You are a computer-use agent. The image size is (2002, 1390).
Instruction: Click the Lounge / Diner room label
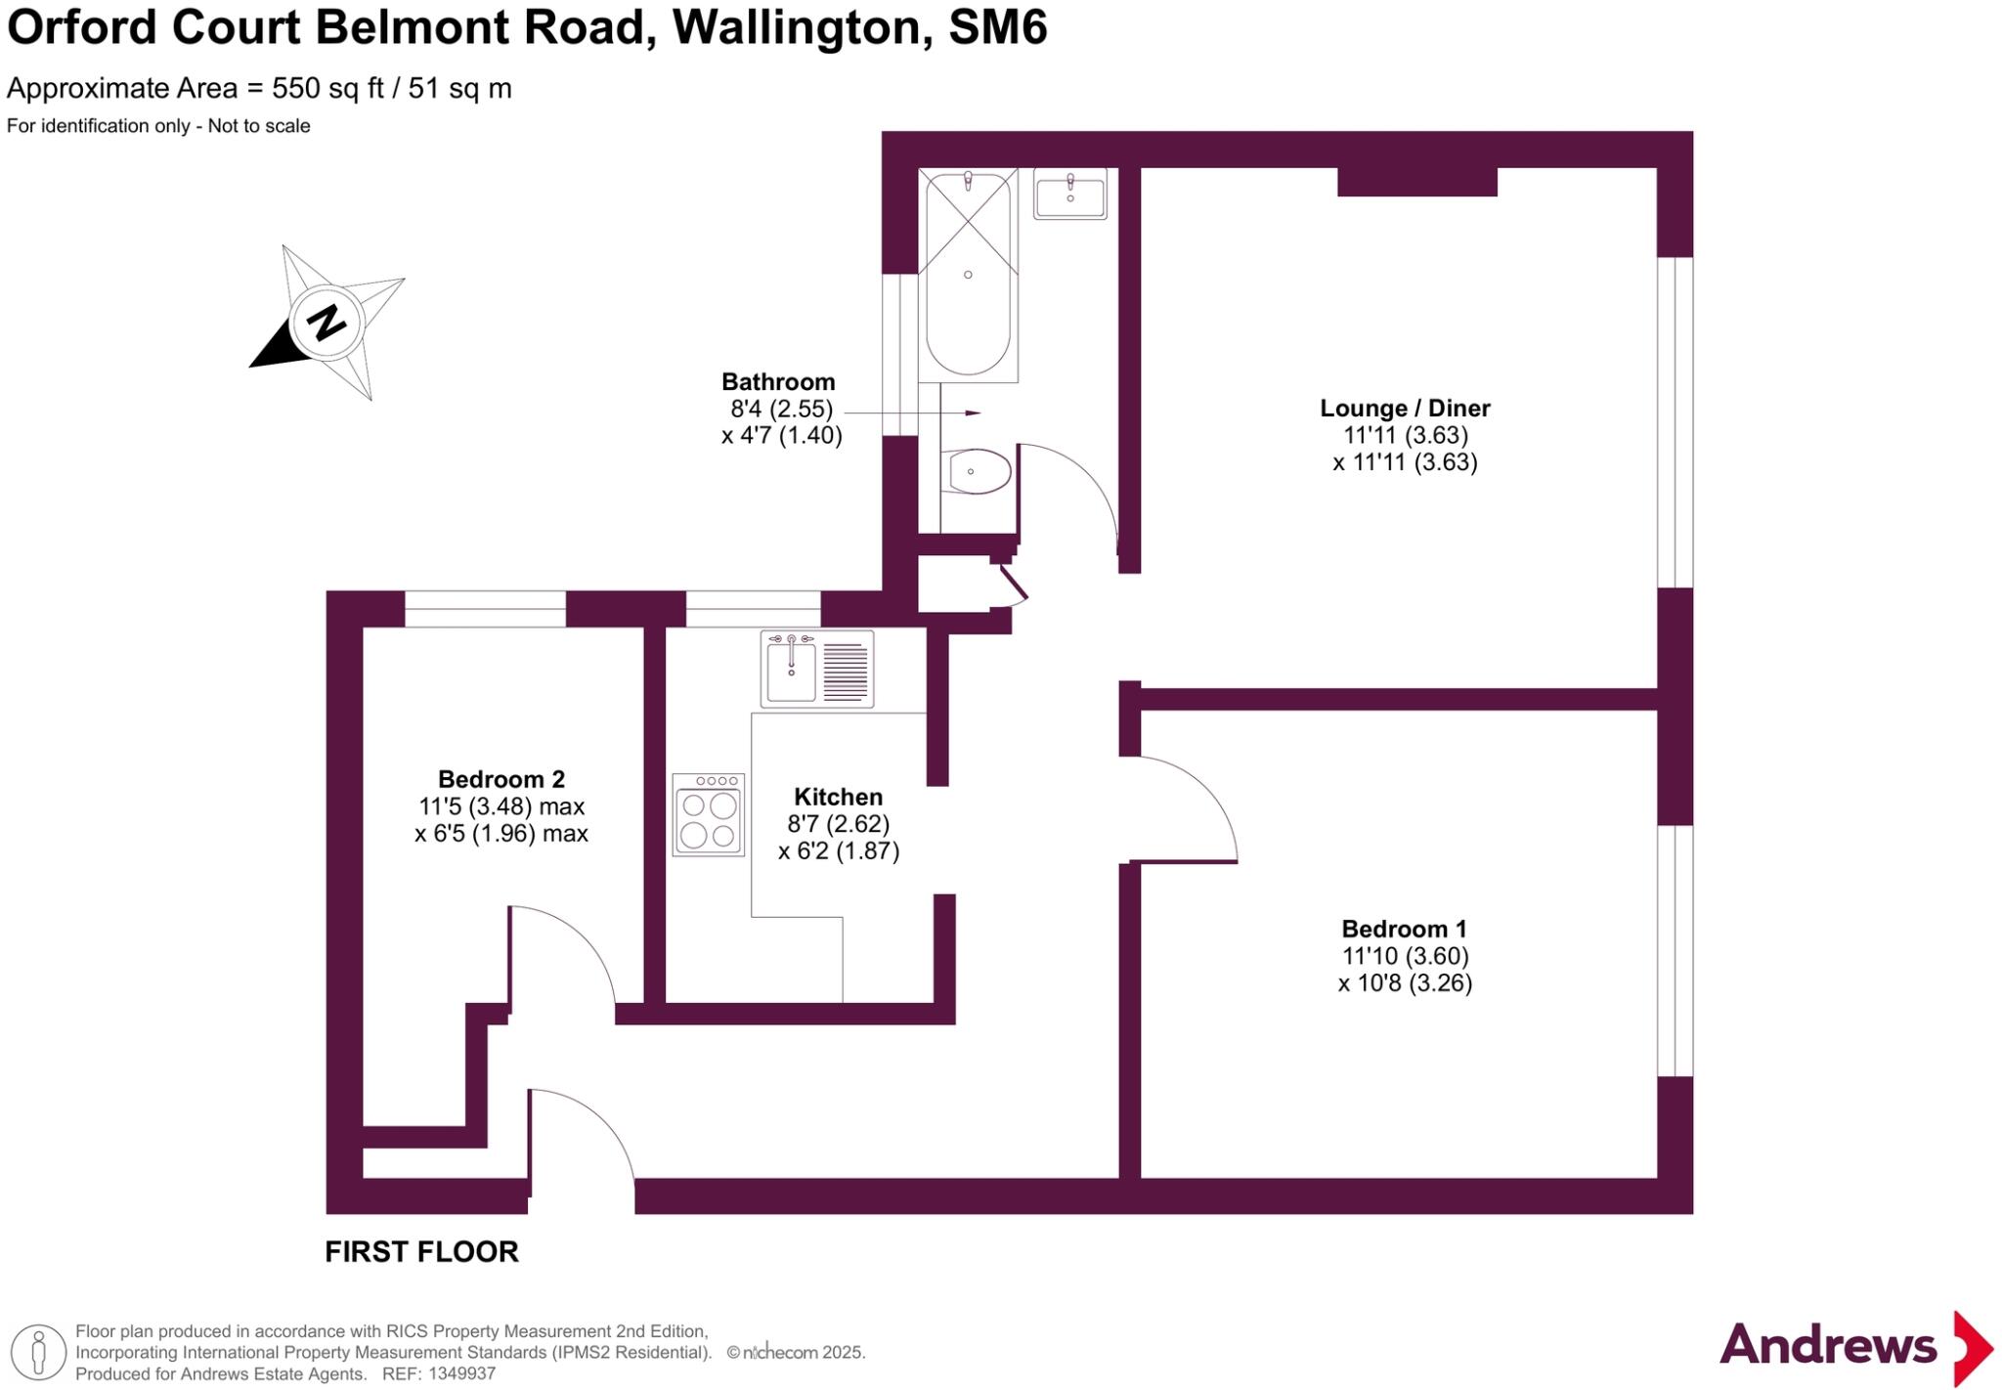(x=1405, y=409)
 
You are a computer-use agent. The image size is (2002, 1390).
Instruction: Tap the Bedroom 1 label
(x=1404, y=929)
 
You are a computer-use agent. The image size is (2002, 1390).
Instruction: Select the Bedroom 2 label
(x=500, y=779)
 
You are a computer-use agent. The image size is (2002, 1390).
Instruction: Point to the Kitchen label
(x=838, y=797)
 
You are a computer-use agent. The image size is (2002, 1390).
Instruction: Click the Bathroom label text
(x=778, y=382)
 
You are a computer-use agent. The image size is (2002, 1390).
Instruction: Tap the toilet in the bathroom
(x=978, y=472)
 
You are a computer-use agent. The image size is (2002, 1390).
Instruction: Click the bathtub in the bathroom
(x=968, y=274)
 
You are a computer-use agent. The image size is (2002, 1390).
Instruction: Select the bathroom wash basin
(x=1070, y=195)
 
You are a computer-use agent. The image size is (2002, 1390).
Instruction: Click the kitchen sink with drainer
(x=817, y=670)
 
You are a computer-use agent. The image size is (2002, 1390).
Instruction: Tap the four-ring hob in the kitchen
(x=709, y=815)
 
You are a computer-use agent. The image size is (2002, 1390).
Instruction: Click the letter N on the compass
(x=326, y=322)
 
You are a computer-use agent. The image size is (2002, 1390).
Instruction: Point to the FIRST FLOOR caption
(x=421, y=1251)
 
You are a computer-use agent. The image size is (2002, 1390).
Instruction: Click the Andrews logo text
(x=1828, y=1345)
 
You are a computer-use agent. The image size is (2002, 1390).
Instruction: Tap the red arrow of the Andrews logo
(x=1973, y=1348)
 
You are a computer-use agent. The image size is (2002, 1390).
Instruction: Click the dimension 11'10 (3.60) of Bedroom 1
(x=1405, y=956)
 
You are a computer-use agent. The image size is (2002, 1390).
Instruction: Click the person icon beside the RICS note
(x=39, y=1352)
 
